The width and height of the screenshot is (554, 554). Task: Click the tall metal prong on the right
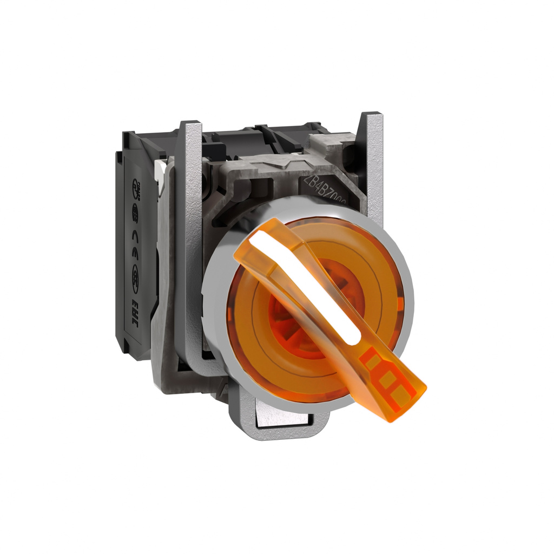click(372, 162)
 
